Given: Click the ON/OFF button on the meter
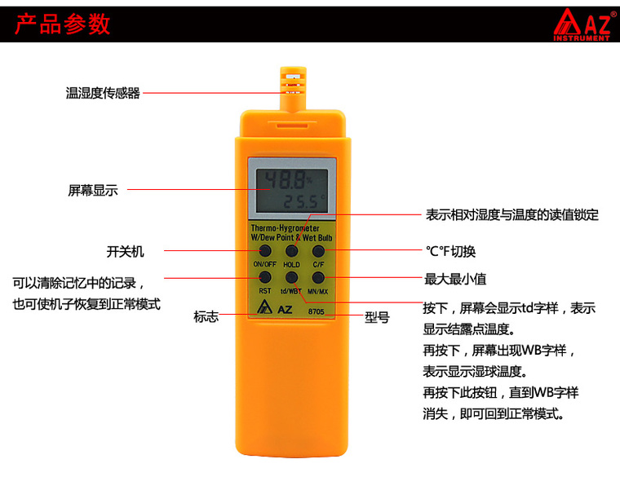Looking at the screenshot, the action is tap(265, 250).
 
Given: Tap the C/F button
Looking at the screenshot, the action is tap(318, 250).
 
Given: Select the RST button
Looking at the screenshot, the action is tap(265, 277).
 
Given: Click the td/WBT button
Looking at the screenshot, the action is tap(291, 277).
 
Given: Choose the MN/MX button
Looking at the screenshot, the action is tap(318, 277).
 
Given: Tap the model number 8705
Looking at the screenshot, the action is tap(316, 311).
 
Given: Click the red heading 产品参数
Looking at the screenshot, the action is tap(63, 24).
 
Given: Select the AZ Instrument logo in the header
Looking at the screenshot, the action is tap(583, 24).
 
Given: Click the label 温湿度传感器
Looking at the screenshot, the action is tap(103, 93).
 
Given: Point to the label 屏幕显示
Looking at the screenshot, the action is tap(93, 191).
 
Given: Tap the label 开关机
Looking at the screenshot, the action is tap(125, 251).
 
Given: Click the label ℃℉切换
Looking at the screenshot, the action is tap(450, 251).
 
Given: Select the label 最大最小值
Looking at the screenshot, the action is tap(455, 279).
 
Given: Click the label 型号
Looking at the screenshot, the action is tap(377, 317).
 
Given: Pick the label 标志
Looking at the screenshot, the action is tap(206, 316).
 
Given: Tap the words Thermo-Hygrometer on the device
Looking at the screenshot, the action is tap(285, 228).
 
